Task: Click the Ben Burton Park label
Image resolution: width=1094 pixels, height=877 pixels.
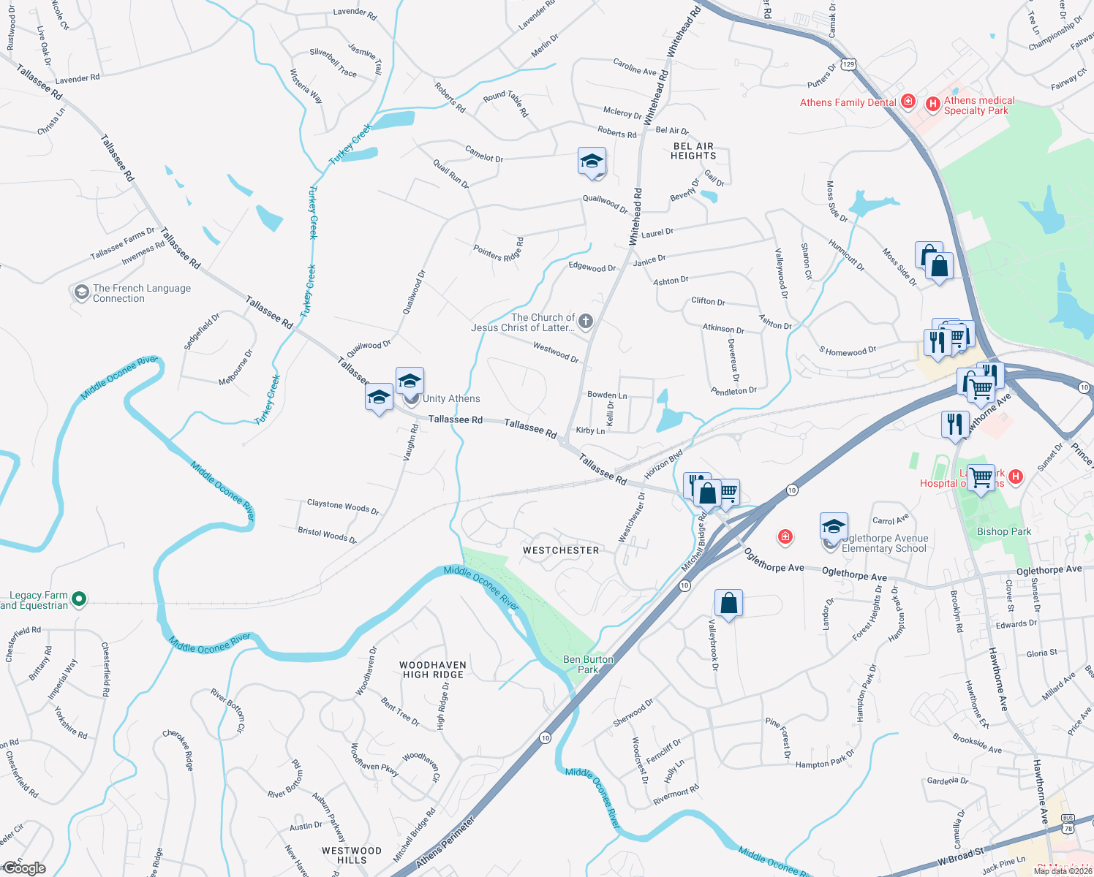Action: (588, 664)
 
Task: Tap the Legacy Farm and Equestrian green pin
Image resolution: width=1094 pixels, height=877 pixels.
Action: (79, 600)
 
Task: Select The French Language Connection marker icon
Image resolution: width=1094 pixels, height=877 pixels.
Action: (81, 293)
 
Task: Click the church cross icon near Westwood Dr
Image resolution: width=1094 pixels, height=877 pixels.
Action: (586, 321)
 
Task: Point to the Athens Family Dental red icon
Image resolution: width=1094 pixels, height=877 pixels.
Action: (908, 102)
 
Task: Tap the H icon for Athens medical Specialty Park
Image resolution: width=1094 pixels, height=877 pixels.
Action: (932, 105)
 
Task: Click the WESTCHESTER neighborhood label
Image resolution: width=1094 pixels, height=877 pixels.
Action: (561, 550)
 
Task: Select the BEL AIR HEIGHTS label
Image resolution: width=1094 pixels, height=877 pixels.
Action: (693, 151)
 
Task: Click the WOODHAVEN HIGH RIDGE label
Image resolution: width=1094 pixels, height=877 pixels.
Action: (433, 670)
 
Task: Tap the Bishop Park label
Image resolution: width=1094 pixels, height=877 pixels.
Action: (1004, 531)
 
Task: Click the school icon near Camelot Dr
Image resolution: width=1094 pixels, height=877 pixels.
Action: (592, 162)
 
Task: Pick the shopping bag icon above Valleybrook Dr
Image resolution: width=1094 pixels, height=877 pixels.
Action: (729, 604)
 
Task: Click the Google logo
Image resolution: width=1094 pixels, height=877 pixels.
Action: (24, 868)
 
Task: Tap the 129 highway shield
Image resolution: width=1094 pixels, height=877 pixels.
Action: (848, 64)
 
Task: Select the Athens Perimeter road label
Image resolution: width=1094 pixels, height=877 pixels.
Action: (445, 843)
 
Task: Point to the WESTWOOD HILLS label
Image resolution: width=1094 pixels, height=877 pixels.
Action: (352, 855)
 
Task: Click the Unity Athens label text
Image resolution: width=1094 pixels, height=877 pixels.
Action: (451, 399)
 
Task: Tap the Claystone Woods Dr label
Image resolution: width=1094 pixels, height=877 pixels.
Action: (343, 506)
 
